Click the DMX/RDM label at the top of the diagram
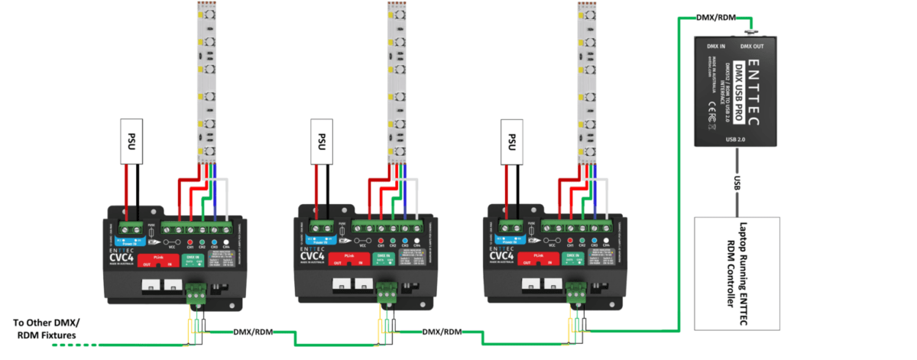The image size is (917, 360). coord(717,18)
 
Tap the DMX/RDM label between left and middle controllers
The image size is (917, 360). coord(251,332)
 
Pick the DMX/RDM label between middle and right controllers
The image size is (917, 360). coord(442,332)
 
